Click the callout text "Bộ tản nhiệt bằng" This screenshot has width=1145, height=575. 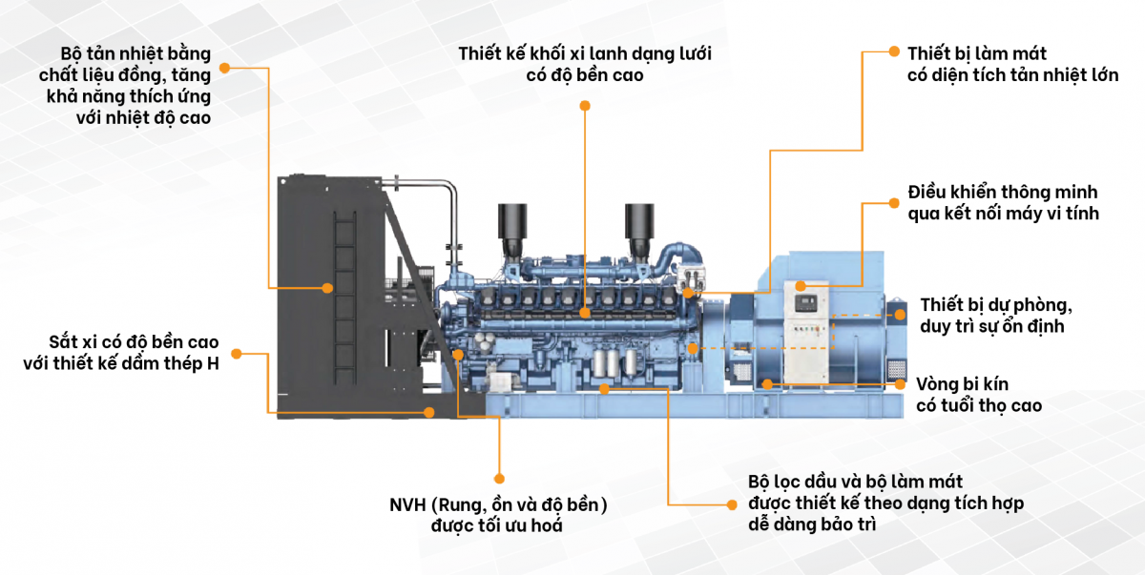[135, 52]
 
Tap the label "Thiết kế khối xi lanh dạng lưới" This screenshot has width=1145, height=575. [585, 53]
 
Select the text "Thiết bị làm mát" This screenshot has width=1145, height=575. [977, 53]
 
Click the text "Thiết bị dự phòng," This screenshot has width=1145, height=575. [997, 305]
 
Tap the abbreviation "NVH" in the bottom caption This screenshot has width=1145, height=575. [407, 504]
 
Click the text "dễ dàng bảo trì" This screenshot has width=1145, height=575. [811, 524]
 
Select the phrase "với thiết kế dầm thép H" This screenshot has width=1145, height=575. [121, 363]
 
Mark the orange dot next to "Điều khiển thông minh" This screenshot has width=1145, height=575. [894, 202]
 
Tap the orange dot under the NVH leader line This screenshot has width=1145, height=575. [498, 478]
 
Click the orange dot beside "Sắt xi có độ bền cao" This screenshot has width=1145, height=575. [237, 354]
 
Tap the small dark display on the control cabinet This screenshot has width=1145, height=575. [806, 303]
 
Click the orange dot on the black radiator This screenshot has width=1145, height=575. [326, 287]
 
